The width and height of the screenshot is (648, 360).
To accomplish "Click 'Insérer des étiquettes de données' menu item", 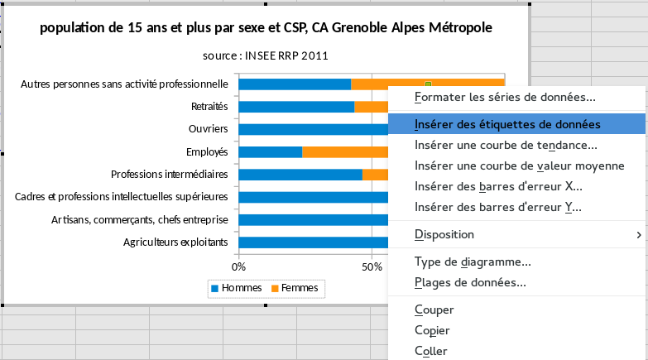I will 507,124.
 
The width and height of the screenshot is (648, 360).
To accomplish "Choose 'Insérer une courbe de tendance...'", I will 506,145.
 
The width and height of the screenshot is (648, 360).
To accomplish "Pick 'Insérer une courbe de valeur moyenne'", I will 519,166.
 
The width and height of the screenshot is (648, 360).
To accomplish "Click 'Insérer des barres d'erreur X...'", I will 498,186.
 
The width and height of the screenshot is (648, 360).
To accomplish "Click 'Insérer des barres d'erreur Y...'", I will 498,207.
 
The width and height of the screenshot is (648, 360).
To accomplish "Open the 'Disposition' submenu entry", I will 444,234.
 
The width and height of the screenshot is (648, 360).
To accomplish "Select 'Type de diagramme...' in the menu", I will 473,262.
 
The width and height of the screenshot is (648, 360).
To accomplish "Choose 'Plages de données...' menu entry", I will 470,282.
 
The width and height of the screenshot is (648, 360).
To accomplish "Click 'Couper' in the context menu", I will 434,310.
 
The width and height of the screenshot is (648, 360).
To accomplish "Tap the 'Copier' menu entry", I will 433,330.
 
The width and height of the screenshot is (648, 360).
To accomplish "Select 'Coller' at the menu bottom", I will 430,351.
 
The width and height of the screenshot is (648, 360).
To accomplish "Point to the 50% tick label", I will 372,267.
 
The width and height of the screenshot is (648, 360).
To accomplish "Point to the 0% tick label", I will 238,267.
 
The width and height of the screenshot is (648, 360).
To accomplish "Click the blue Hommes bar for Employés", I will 270,151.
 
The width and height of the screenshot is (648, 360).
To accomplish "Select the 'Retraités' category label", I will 209,107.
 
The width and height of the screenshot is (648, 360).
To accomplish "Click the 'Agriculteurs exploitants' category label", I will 175,242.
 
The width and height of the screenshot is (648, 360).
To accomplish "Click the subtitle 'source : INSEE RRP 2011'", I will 266,55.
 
